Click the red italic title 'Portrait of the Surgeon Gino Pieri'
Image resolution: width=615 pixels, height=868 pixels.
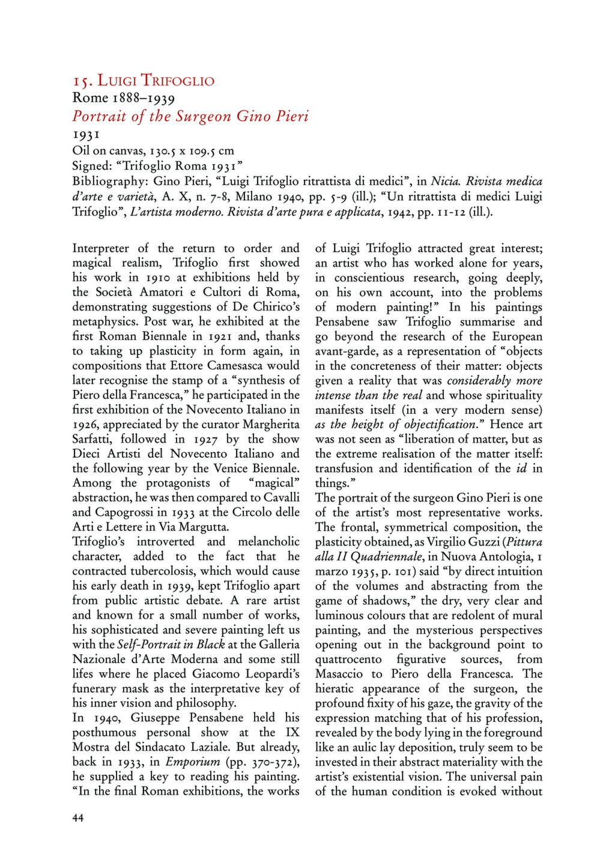190,116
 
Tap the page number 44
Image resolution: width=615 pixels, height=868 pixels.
78,818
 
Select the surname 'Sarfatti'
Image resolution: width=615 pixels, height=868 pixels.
92,439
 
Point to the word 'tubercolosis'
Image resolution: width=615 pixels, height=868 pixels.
157,571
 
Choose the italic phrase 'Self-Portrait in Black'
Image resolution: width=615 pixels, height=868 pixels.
171,645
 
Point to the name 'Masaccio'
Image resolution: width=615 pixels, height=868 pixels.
340,674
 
